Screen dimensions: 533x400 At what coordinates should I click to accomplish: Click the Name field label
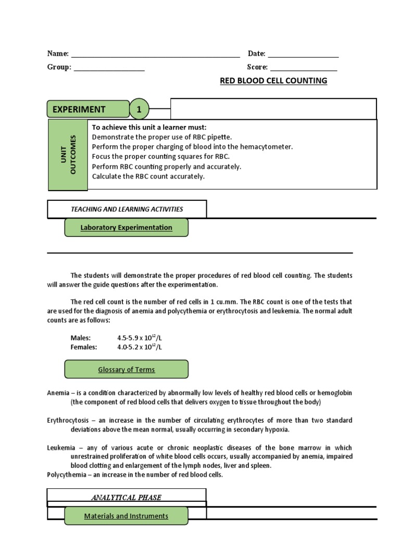[x=57, y=54]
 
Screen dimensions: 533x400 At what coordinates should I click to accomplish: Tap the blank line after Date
[x=303, y=56]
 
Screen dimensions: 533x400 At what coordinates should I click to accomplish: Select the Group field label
[x=59, y=67]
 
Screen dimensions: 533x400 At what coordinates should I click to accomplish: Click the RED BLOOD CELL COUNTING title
[x=273, y=81]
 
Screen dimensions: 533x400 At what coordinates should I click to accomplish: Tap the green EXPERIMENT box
[x=88, y=109]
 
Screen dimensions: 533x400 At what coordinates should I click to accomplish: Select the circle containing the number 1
[x=139, y=109]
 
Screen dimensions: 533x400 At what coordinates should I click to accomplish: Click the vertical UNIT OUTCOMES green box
[x=68, y=155]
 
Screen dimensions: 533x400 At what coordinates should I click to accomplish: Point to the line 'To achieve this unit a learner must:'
[x=149, y=127]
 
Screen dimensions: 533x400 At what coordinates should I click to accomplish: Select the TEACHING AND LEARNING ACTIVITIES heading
[x=127, y=209]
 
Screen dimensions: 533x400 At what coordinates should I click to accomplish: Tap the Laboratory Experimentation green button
[x=126, y=227]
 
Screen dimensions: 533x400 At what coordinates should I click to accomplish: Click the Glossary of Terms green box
[x=126, y=370]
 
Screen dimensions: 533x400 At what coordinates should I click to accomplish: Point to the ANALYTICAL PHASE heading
[x=126, y=498]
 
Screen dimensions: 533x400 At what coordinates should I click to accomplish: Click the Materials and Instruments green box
[x=126, y=516]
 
